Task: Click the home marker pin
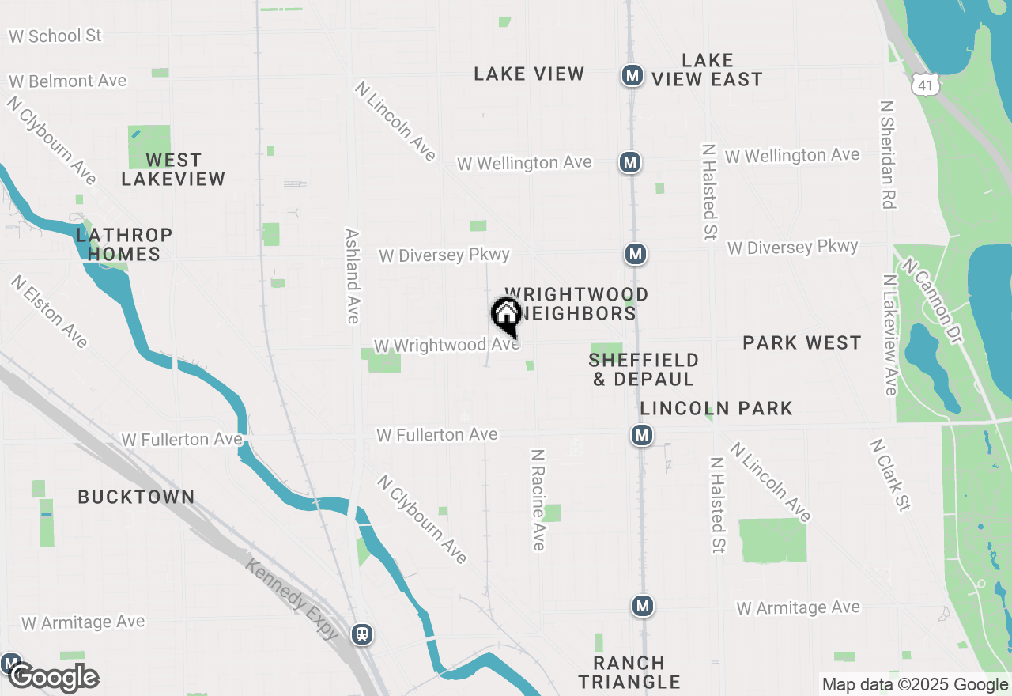tap(505, 315)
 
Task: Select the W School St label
tap(55, 36)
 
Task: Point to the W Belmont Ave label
tap(67, 81)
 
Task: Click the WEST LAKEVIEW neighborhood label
tap(173, 169)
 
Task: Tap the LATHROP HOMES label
tap(124, 244)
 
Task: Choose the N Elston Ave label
tap(49, 311)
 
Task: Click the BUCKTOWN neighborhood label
tap(136, 497)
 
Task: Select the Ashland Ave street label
tap(353, 276)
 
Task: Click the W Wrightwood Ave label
tap(446, 346)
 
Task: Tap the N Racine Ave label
tap(538, 500)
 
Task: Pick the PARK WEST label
tap(802, 342)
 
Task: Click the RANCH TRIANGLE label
tap(629, 671)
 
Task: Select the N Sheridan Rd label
tap(887, 154)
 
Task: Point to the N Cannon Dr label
tap(933, 301)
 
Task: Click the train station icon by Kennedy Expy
tap(362, 634)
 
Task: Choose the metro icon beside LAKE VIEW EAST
tap(632, 76)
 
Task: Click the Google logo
tap(54, 677)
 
